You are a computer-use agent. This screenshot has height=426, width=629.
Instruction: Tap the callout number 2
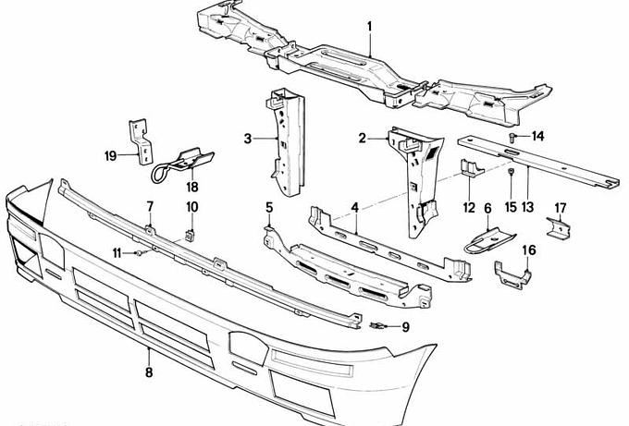tap(363, 139)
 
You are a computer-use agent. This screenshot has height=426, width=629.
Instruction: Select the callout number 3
tap(248, 139)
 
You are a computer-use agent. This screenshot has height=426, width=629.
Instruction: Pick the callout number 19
tap(110, 156)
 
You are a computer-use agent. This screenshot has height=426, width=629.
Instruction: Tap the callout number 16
tap(529, 250)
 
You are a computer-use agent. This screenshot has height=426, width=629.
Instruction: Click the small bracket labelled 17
tap(558, 228)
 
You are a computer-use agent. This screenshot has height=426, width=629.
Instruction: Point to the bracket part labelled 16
tap(512, 274)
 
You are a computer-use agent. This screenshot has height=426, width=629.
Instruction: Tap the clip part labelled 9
tap(377, 325)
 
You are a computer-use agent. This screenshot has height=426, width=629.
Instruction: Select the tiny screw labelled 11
tap(137, 252)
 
